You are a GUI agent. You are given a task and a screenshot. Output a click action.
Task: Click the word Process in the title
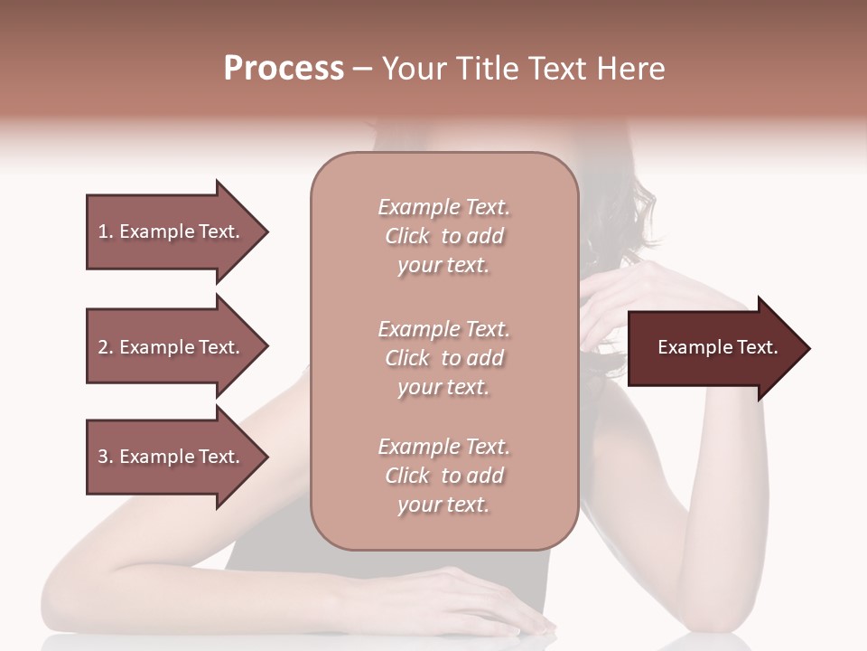pos(284,68)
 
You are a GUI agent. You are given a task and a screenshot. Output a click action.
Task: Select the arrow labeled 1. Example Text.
pos(172,231)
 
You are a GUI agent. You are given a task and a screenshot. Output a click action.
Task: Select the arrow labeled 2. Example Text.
pos(172,347)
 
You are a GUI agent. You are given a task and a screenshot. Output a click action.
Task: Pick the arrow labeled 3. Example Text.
pos(172,457)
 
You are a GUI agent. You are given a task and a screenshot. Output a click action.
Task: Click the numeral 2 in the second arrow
pos(103,347)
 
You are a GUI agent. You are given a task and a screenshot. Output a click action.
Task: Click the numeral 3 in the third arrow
pos(103,457)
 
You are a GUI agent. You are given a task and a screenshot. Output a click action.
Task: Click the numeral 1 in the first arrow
pos(103,231)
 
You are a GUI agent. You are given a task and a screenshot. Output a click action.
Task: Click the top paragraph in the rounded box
pos(443,236)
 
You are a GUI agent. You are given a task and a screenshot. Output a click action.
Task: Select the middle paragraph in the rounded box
pos(443,358)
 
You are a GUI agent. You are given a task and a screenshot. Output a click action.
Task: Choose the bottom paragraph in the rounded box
pos(443,476)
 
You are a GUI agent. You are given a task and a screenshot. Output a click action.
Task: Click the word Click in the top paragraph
pos(407,236)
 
